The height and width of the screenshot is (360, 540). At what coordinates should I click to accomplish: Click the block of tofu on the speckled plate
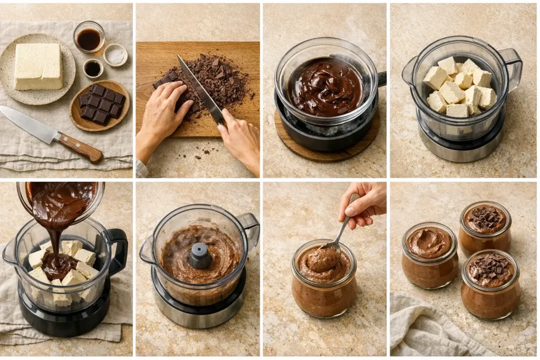[38, 66]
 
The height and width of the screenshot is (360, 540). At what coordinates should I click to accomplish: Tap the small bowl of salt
[115, 55]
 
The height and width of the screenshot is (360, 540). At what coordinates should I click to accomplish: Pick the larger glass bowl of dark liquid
[89, 38]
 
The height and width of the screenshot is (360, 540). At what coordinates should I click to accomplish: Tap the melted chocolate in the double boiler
[326, 87]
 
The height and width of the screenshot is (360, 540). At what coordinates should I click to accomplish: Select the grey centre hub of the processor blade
[200, 256]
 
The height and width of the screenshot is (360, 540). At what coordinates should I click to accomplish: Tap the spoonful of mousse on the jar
[322, 259]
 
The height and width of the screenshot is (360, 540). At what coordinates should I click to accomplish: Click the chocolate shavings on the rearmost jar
[485, 218]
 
